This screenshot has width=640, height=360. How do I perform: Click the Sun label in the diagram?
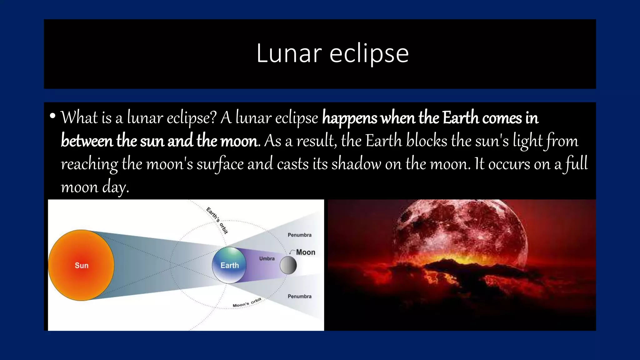(x=82, y=265)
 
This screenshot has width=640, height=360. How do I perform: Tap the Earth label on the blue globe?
(x=229, y=265)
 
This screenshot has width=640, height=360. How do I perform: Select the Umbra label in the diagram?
(x=267, y=258)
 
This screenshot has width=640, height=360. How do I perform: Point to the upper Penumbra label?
(x=299, y=235)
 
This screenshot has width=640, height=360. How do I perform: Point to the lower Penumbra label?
(x=299, y=296)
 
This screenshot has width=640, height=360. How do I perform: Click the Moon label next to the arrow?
(x=305, y=252)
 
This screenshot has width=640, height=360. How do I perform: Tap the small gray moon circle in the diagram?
(x=288, y=265)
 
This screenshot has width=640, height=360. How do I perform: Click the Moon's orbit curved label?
(x=247, y=303)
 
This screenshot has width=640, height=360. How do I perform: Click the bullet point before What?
(x=52, y=116)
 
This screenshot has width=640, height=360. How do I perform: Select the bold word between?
(x=87, y=141)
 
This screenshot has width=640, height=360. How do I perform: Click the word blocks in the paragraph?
(x=427, y=141)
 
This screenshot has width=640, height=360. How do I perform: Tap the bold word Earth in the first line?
(x=461, y=118)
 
